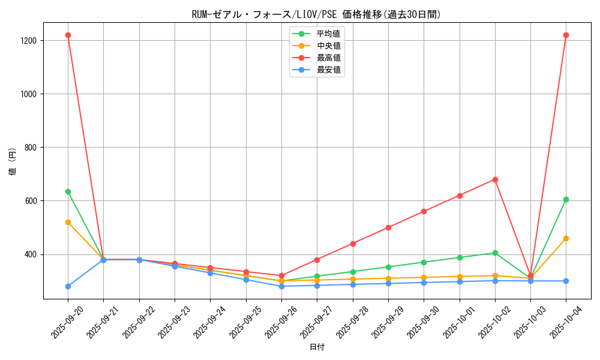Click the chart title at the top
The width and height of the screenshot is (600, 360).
[316, 14]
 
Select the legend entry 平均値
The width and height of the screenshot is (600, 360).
[329, 34]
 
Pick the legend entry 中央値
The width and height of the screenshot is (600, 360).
[329, 46]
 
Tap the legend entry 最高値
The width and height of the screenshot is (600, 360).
[329, 58]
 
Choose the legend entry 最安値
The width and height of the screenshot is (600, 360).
[329, 70]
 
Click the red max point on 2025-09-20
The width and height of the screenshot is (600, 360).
[68, 35]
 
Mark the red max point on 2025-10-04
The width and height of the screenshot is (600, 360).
[566, 35]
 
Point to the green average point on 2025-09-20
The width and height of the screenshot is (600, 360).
[68, 191]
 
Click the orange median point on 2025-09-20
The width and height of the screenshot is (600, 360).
[68, 222]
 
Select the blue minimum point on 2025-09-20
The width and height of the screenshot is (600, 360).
[68, 286]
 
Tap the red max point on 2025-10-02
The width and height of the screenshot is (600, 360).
[495, 179]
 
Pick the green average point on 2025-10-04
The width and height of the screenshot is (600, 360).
[566, 199]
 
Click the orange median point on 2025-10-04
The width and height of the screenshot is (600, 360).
[566, 238]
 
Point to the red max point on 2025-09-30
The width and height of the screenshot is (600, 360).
[424, 211]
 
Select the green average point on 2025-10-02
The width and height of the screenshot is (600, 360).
[495, 253]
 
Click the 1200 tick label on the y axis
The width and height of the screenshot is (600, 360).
[28, 41]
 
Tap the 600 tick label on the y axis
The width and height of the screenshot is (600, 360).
[31, 201]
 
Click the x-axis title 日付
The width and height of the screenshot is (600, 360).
[317, 347]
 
